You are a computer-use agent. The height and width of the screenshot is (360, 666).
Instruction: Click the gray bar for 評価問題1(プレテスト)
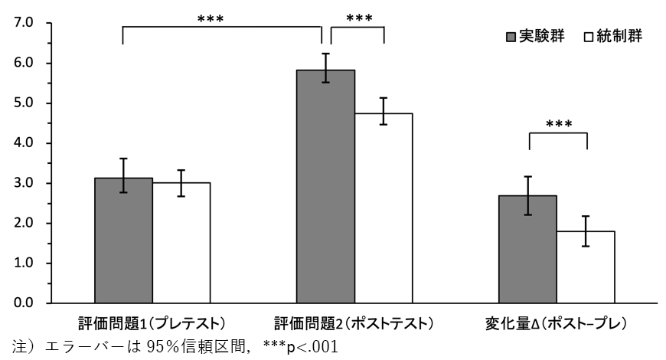pyautogui.click(x=123, y=241)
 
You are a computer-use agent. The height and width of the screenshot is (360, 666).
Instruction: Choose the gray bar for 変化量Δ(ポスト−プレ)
pyautogui.click(x=527, y=249)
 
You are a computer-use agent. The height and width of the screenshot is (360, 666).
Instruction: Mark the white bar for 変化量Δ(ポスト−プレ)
pyautogui.click(x=586, y=267)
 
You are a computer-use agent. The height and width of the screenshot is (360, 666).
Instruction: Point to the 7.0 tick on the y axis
pyautogui.click(x=24, y=24)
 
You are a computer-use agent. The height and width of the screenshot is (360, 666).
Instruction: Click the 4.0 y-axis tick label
pyautogui.click(x=24, y=143)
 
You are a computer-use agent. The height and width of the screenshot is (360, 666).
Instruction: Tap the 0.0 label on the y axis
pyautogui.click(x=24, y=303)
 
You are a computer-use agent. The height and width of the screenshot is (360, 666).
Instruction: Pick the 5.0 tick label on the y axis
pyautogui.click(x=24, y=103)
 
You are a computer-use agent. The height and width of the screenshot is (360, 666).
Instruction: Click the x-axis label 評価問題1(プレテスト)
pyautogui.click(x=152, y=322)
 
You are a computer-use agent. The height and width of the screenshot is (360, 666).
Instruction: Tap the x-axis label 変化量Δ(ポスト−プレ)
pyautogui.click(x=557, y=322)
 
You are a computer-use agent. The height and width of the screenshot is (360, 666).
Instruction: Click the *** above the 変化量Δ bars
pyautogui.click(x=557, y=124)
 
